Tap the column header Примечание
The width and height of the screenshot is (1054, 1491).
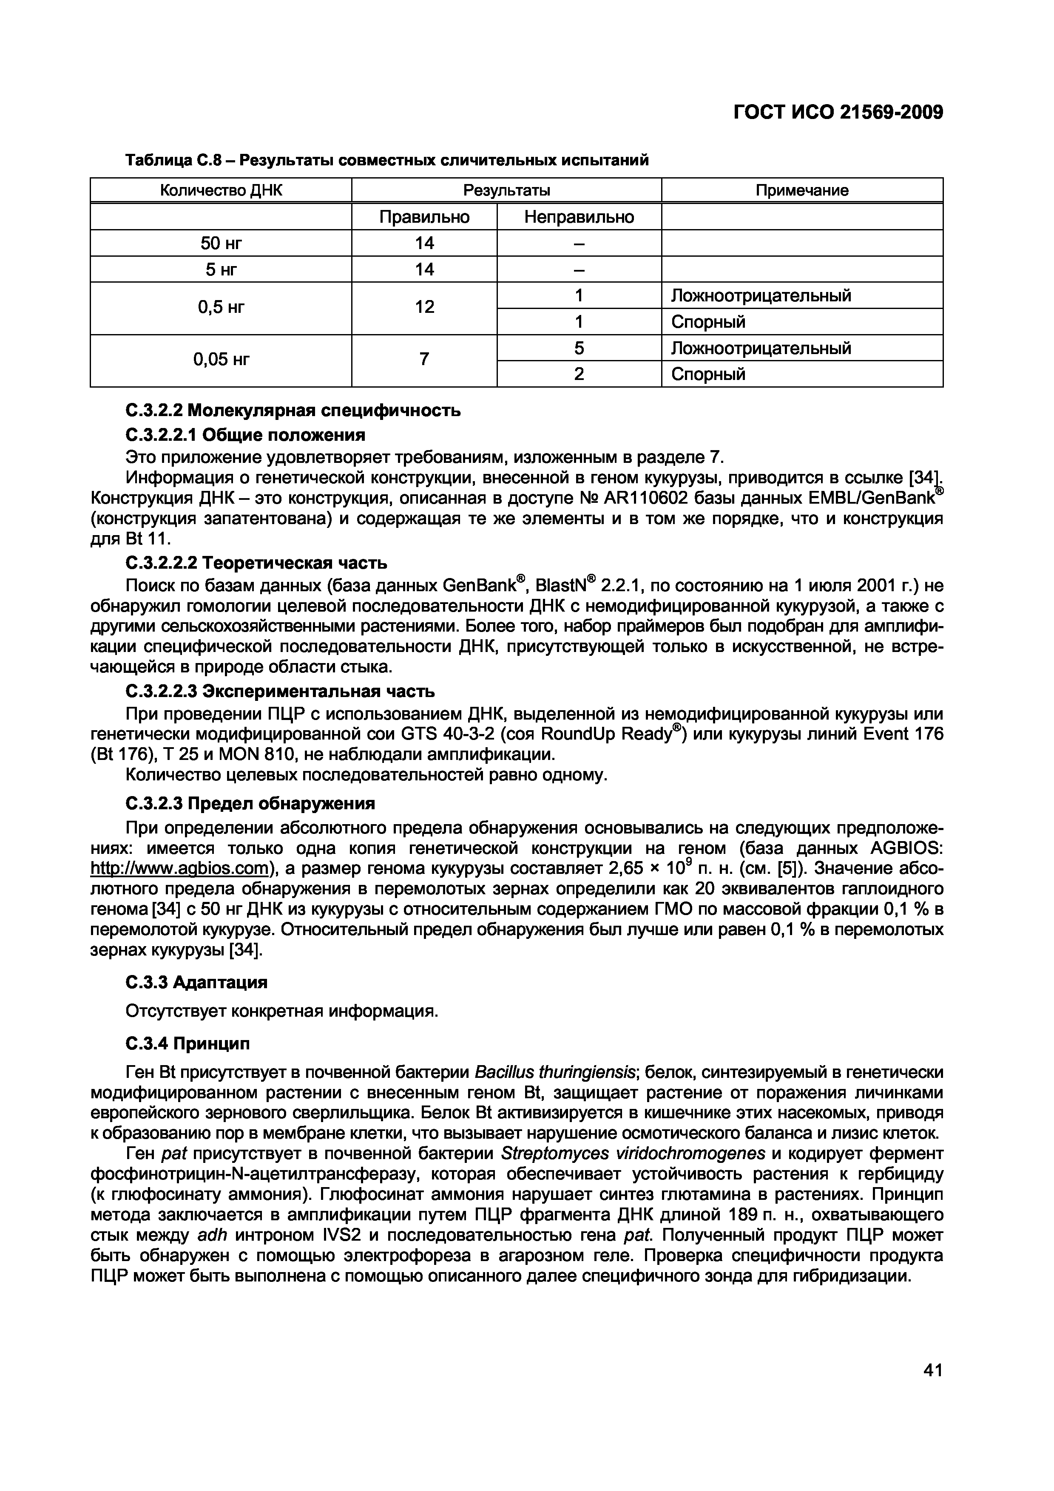pyautogui.click(x=801, y=190)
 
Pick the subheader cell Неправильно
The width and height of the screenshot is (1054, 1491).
pyautogui.click(x=579, y=217)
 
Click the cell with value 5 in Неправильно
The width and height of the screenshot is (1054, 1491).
pyautogui.click(x=579, y=348)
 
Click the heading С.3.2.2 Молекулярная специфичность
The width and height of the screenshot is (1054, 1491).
pyautogui.click(x=293, y=411)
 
